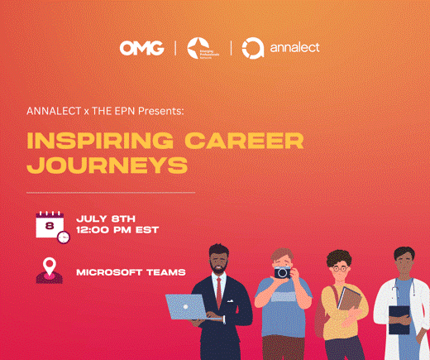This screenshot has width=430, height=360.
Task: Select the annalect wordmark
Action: [294, 48]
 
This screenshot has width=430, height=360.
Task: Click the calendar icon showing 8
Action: [50, 225]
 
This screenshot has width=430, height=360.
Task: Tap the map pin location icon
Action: [48, 270]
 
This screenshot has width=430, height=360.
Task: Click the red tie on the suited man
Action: [218, 291]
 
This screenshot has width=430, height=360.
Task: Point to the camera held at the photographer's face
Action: [284, 271]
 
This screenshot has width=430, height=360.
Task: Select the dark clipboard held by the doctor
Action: [399, 319]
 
